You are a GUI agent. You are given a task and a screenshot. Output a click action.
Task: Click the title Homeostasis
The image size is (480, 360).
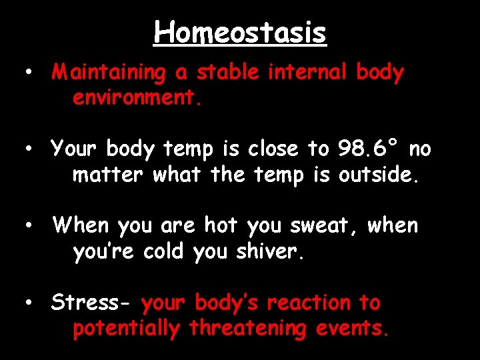[240, 32]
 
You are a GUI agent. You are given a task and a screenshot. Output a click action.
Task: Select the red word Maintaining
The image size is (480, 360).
[108, 73]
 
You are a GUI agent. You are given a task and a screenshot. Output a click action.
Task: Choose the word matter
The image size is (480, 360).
[109, 175]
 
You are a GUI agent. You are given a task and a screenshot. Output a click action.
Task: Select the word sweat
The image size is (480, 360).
[324, 227]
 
